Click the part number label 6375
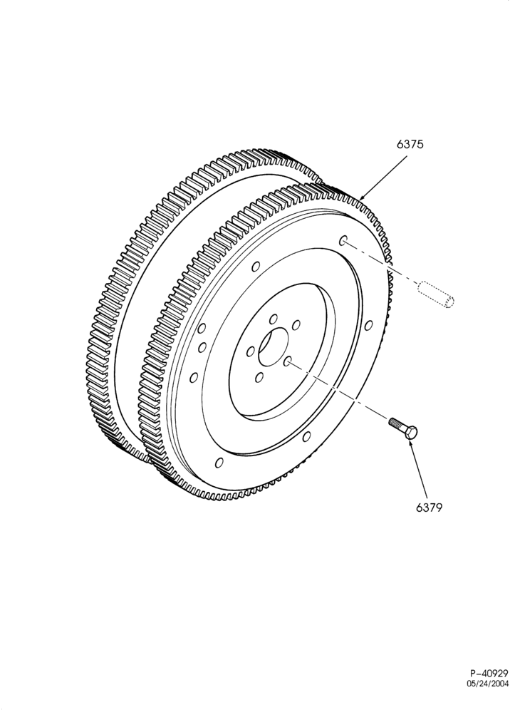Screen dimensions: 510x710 (410, 145)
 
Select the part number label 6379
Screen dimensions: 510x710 (429, 508)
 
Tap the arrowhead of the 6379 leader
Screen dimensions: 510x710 (411, 442)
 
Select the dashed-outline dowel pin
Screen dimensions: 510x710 (436, 295)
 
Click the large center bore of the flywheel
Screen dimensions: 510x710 (274, 346)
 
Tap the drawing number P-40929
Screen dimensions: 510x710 (489, 686)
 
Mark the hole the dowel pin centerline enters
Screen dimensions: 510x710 (343, 240)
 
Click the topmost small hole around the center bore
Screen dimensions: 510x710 (273, 319)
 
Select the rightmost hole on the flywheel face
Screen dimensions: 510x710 (369, 325)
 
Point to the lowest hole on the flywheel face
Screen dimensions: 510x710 (219, 463)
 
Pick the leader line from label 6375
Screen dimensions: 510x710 (384, 176)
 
